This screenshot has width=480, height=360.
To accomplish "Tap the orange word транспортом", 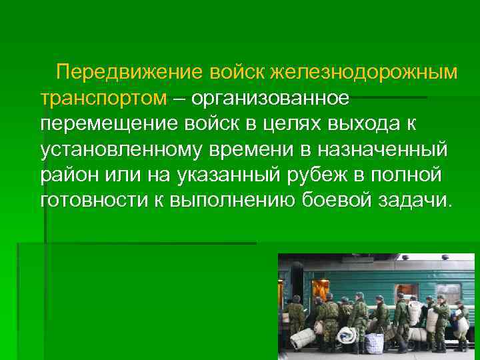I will click(103, 98).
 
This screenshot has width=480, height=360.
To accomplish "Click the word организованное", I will click(269, 98).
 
